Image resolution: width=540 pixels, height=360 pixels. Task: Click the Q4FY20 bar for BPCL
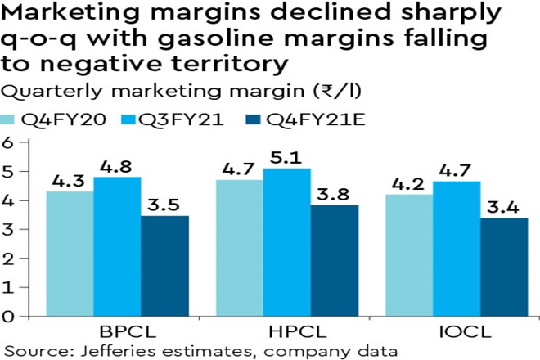tap(70, 254)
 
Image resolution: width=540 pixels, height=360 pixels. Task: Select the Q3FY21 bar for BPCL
tap(117, 245)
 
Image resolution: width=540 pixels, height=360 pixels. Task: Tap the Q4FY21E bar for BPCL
tap(164, 265)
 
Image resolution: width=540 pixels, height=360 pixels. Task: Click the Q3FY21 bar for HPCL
tap(286, 241)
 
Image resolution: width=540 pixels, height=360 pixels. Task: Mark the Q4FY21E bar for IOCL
tap(502, 267)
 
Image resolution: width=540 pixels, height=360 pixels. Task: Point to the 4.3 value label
tap(70, 180)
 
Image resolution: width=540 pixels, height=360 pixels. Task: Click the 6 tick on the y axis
tap(11, 142)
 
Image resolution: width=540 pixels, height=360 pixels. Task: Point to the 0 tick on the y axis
tap(11, 315)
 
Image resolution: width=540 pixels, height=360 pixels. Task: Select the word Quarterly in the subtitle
tap(45, 92)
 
